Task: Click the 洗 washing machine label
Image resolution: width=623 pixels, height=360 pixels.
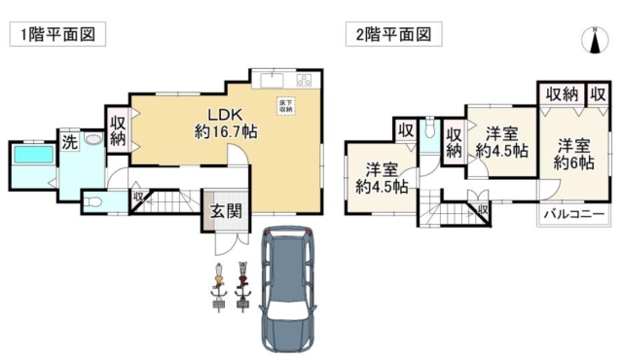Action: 69,141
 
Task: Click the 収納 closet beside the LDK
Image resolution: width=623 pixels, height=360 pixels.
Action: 118,130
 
